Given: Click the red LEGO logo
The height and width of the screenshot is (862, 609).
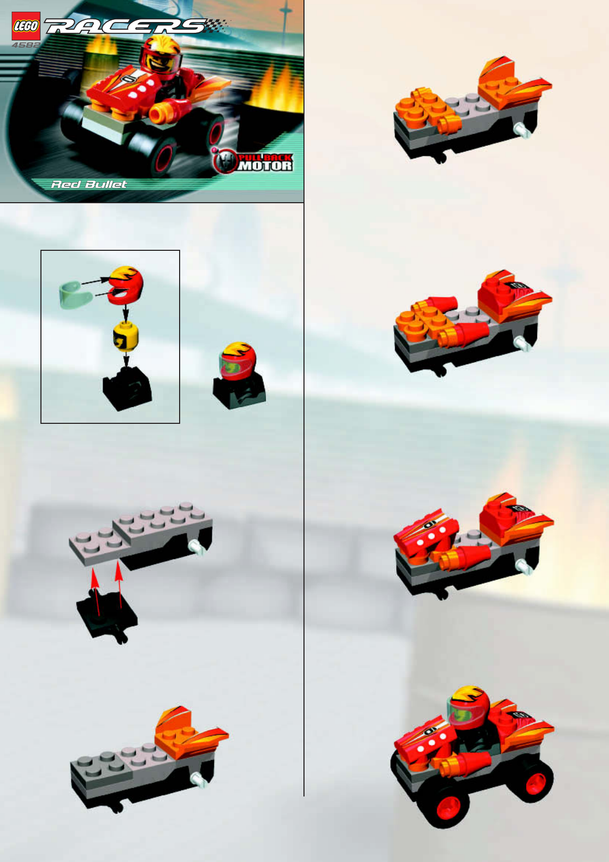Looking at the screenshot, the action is pyautogui.click(x=26, y=26).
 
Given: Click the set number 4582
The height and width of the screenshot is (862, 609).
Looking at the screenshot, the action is pyautogui.click(x=26, y=45).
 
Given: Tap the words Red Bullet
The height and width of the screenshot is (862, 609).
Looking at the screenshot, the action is pyautogui.click(x=89, y=185).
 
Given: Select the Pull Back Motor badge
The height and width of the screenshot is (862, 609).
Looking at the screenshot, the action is pyautogui.click(x=253, y=160).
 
